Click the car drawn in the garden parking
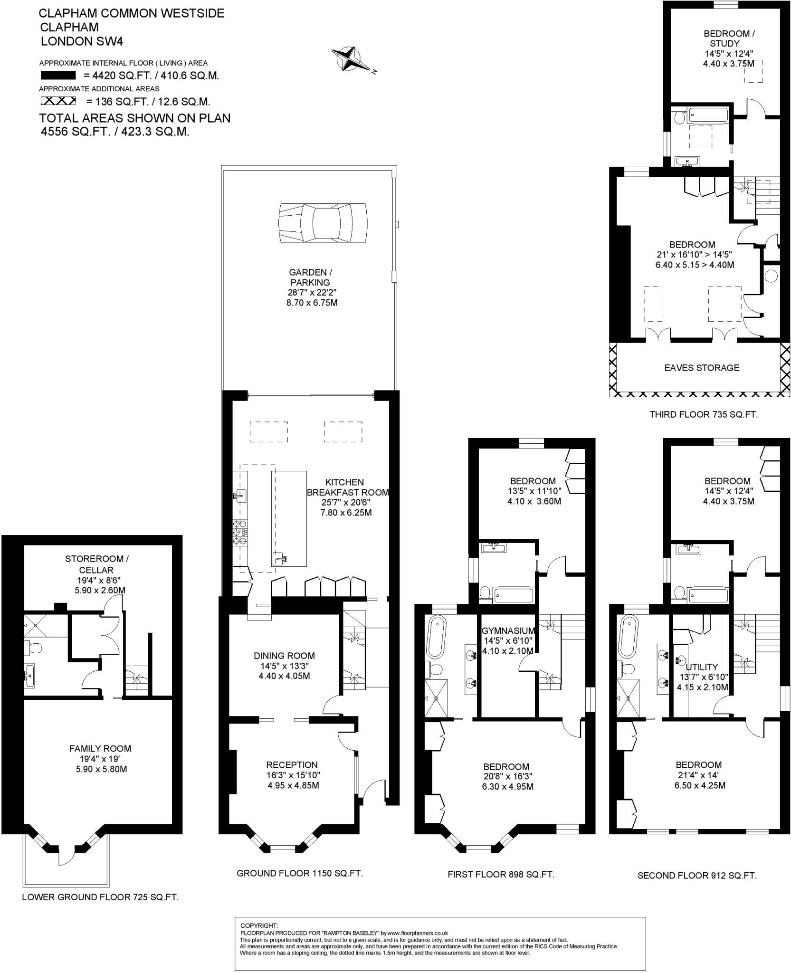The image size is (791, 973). pyautogui.click(x=323, y=223)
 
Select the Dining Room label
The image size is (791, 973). pyautogui.click(x=284, y=656)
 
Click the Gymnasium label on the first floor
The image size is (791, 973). pyautogui.click(x=508, y=631)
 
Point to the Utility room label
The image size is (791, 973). pyautogui.click(x=702, y=667)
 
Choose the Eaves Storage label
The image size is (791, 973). pyautogui.click(x=701, y=368)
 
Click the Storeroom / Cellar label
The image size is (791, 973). pyautogui.click(x=96, y=564)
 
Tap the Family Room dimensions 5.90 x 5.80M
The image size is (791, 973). pyautogui.click(x=101, y=769)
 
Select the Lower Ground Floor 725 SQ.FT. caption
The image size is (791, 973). pyautogui.click(x=100, y=897)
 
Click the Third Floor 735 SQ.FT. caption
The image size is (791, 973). pyautogui.click(x=704, y=415)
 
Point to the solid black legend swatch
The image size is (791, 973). pyautogui.click(x=58, y=76)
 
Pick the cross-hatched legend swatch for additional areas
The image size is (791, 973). pyautogui.click(x=58, y=101)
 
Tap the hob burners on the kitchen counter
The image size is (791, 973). pyautogui.click(x=239, y=533)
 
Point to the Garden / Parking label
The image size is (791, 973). pyautogui.click(x=311, y=277)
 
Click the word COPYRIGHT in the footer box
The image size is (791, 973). pyautogui.click(x=259, y=925)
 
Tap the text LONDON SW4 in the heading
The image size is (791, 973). pyautogui.click(x=82, y=41)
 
